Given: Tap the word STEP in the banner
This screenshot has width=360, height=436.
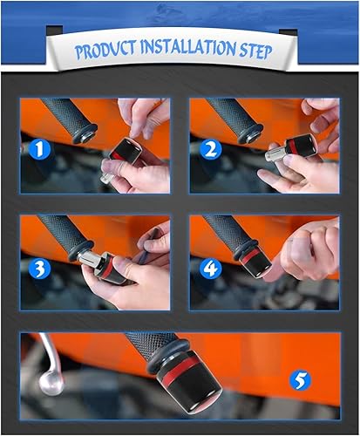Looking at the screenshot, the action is pos(255,51).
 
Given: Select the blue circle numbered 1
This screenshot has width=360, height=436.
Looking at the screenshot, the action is pos(39,149).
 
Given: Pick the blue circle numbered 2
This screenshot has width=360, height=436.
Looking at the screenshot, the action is pos(211,149).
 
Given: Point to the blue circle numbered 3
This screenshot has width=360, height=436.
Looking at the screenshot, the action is pos(39,269).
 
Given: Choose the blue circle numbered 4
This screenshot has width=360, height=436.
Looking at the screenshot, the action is pos(211,269).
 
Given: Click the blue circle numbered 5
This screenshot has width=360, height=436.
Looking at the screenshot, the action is pos(300,379).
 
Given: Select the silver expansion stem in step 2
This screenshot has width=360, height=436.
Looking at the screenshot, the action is pos(275,153).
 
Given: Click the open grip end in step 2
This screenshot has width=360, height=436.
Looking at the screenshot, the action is pos(250,134).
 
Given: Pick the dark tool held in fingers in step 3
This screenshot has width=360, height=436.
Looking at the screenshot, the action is pos(148,246).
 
